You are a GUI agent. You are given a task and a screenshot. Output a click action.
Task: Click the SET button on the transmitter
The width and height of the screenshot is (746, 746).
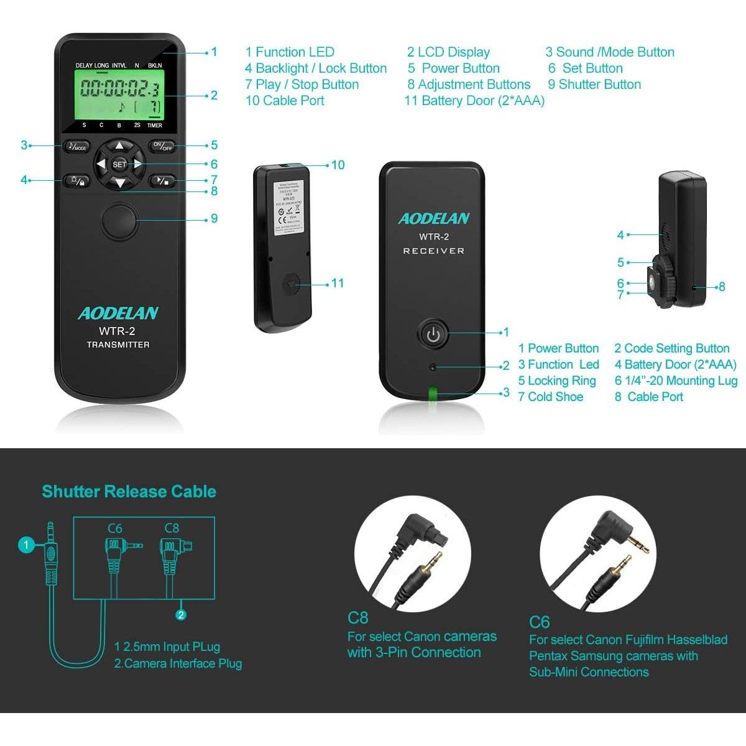(119, 164)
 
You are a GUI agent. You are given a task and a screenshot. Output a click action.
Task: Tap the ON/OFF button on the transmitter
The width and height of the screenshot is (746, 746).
(162, 147)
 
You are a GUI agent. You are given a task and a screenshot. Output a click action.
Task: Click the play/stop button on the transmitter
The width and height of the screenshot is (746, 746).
(162, 181)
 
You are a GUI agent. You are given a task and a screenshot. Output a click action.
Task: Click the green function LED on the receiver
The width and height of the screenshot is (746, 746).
(433, 392)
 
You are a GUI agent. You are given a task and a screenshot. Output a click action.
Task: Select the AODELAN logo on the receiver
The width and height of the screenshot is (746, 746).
(433, 218)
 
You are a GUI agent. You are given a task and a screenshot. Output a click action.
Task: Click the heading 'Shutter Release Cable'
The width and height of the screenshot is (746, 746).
(129, 491)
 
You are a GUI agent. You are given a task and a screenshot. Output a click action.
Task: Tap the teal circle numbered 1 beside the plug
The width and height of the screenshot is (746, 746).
(26, 545)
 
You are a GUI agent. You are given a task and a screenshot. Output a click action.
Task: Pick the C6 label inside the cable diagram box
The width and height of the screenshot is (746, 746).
(115, 528)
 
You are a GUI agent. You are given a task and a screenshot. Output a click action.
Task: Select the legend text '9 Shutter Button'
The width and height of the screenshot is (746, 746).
(594, 85)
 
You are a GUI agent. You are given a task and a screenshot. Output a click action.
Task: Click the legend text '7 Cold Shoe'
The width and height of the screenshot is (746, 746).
(550, 397)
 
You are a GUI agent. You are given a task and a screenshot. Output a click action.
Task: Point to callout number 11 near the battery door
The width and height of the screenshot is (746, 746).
(338, 283)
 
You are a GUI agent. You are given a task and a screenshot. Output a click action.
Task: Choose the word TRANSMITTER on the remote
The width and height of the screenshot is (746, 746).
(118, 344)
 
